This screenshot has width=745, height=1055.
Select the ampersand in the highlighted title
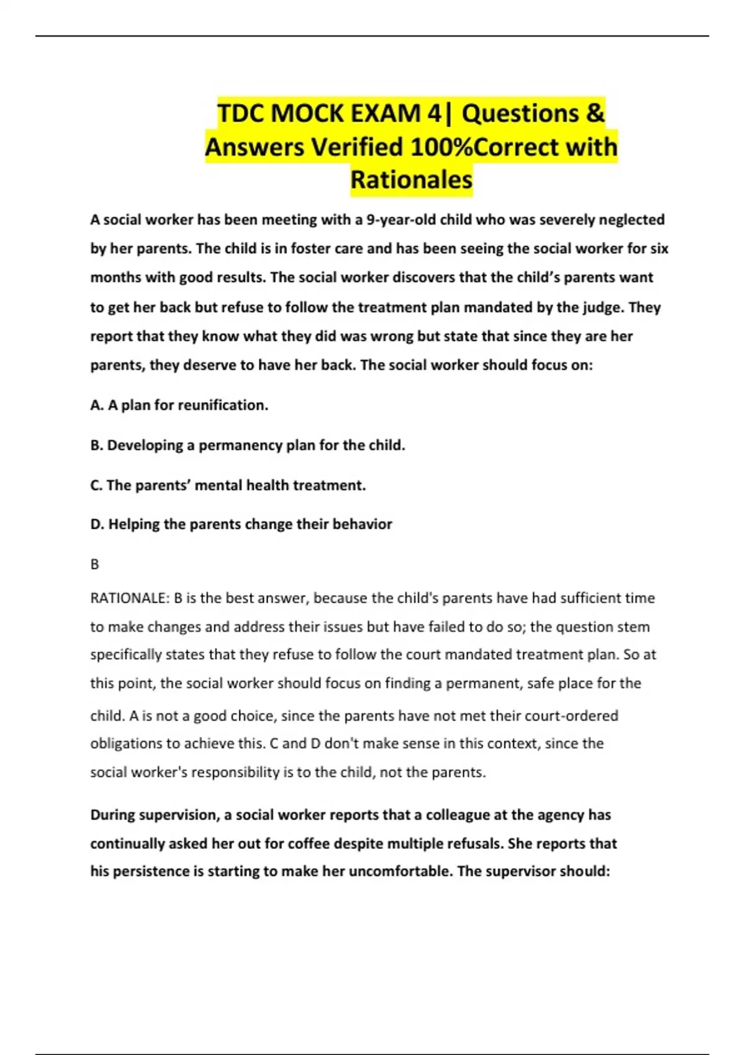click(x=594, y=114)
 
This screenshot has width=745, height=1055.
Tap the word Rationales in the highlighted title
click(x=411, y=180)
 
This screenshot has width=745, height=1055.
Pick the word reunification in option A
click(x=223, y=405)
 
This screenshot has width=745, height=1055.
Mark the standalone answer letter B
click(x=94, y=565)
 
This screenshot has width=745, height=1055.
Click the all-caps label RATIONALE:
click(x=130, y=598)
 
